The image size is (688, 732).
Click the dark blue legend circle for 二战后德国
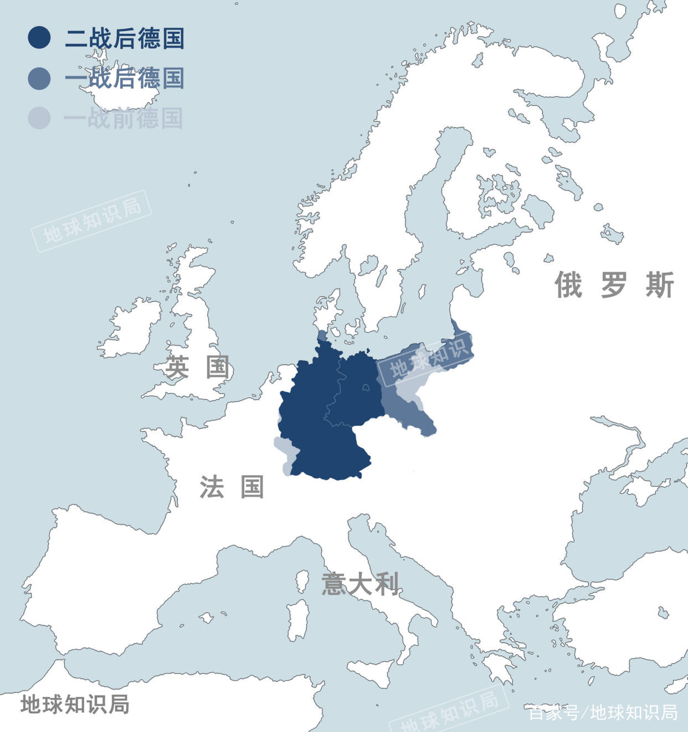coord(39,38)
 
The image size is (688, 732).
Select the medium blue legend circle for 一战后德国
coord(39,78)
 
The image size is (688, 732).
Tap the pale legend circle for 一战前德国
coord(39,118)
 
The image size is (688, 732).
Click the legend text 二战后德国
coord(125,38)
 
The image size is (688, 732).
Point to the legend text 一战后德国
coord(125,78)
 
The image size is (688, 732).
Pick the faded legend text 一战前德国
coord(124,118)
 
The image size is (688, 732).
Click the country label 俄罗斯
coord(614,285)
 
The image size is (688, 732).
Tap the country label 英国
coord(197,367)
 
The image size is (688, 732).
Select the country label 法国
coord(232,487)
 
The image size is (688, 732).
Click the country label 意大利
coord(360,584)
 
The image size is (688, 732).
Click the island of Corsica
coord(302,581)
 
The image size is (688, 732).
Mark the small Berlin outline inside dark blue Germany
coord(366,388)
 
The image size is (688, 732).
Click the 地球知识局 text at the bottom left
coord(75,704)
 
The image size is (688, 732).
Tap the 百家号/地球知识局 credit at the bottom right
coord(603,712)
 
